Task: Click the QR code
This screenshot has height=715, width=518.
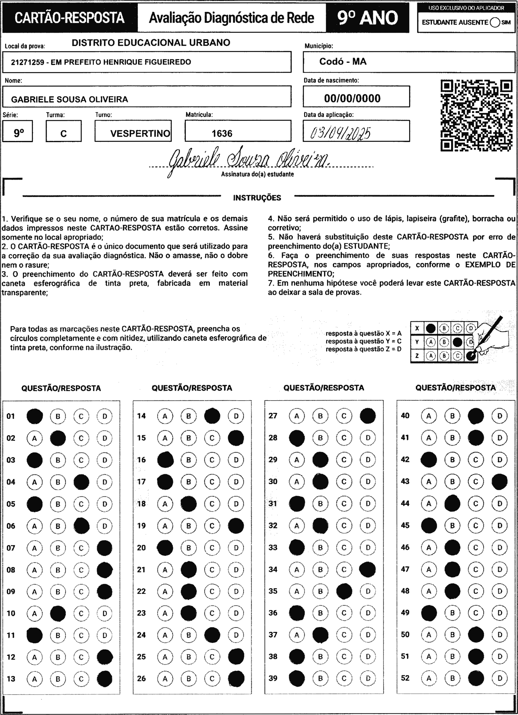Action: tap(476, 115)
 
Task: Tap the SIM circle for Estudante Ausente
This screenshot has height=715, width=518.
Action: tap(495, 22)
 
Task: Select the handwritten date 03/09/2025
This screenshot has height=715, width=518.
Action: tap(341, 133)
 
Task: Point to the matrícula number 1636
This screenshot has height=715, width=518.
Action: tap(222, 133)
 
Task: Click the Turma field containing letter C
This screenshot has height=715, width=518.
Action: tap(63, 134)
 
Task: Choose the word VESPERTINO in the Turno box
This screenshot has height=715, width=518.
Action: tap(140, 133)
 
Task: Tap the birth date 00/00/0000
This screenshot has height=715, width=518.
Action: tap(352, 98)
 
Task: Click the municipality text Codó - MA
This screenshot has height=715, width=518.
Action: tap(343, 61)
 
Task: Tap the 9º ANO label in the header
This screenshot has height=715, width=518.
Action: tap(368, 18)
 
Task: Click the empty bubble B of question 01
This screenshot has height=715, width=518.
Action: tap(58, 416)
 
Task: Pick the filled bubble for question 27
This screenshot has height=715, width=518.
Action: tap(368, 416)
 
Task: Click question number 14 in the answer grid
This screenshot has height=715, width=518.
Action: tap(142, 416)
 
